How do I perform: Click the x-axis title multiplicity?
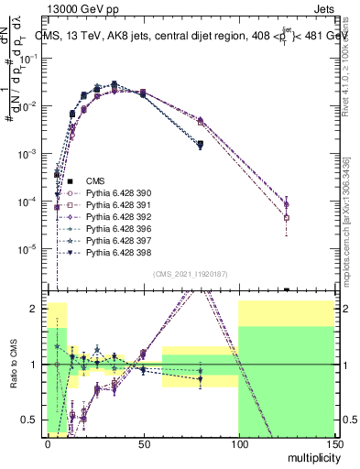point(311,456)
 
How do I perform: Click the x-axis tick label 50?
point(142,443)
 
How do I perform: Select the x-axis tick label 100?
point(237,443)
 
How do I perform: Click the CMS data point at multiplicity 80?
point(200,145)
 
